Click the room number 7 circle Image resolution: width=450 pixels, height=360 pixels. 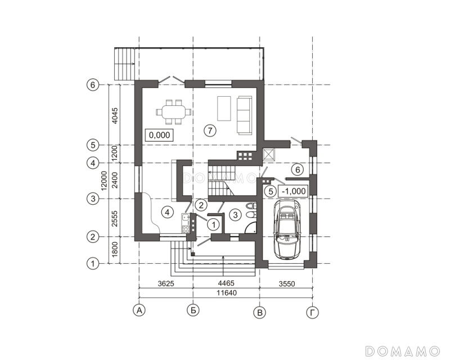[210, 130]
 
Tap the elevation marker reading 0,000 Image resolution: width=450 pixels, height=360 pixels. [160, 135]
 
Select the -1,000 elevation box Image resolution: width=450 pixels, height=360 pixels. [293, 191]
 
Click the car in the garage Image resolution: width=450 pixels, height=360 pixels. [287, 229]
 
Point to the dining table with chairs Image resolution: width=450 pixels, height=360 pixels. [174, 112]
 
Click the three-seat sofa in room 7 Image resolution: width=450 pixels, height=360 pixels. [244, 115]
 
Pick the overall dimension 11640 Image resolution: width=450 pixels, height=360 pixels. [227, 293]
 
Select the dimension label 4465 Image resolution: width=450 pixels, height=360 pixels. [226, 283]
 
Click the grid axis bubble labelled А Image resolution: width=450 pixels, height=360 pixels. [139, 310]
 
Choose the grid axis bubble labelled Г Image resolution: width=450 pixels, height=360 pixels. [313, 313]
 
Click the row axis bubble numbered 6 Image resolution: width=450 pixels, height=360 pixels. [92, 85]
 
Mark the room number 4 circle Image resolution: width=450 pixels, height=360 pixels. [168, 213]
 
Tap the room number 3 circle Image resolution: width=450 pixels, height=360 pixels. [235, 215]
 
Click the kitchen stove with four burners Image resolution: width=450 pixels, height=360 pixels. [186, 229]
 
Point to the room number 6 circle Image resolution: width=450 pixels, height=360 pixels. [298, 170]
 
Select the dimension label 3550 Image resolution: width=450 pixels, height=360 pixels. [287, 284]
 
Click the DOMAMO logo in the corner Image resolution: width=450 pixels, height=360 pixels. [403, 351]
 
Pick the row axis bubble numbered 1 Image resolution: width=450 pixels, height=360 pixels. [92, 264]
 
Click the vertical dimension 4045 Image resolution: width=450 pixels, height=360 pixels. [115, 115]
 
